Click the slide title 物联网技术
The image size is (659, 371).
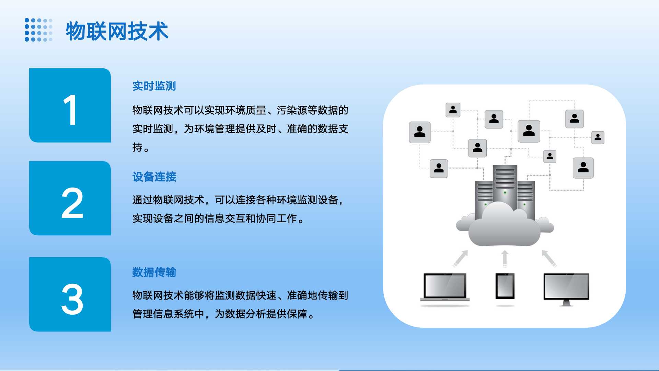pyautogui.click(x=117, y=31)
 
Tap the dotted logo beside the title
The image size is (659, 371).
pyautogui.click(x=38, y=30)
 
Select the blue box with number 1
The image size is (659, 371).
pyautogui.click(x=70, y=105)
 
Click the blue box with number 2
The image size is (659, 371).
pyautogui.click(x=70, y=198)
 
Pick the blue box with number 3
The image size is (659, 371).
pyautogui.click(x=70, y=294)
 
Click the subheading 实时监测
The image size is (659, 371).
pyautogui.click(x=154, y=86)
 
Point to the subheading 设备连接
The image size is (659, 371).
pyautogui.click(x=154, y=177)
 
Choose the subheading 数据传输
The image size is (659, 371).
pyautogui.click(x=154, y=272)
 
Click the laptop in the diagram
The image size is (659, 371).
pyautogui.click(x=445, y=287)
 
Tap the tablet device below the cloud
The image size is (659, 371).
pyautogui.click(x=505, y=286)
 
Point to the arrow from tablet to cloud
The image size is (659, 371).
pyautogui.click(x=505, y=259)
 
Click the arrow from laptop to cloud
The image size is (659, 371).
pyautogui.click(x=460, y=258)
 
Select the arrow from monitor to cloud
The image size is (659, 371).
pyautogui.click(x=549, y=258)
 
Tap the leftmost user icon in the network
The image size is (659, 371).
pyautogui.click(x=419, y=132)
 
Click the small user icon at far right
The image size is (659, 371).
pyautogui.click(x=598, y=137)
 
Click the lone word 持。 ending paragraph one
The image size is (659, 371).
pyautogui.click(x=141, y=147)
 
